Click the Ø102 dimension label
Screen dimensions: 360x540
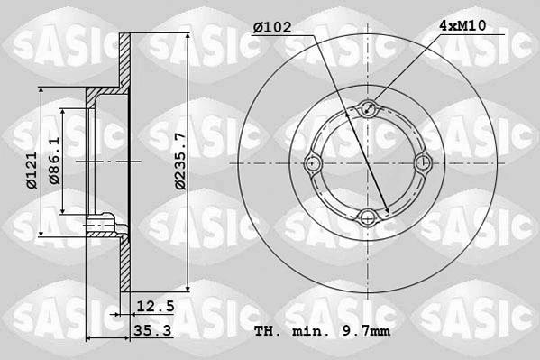(x=271, y=27)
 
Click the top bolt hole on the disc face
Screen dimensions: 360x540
(x=368, y=110)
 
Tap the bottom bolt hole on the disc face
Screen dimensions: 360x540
(x=368, y=216)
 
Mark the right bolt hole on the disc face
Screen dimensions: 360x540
(x=421, y=163)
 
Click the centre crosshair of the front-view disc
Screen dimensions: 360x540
(x=368, y=163)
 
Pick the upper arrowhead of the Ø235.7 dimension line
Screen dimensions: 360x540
(x=188, y=37)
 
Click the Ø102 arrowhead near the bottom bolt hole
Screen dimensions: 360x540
(x=387, y=213)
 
